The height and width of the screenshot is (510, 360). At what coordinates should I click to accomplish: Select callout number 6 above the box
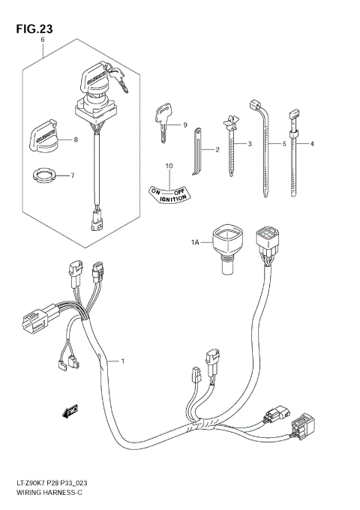[43, 40]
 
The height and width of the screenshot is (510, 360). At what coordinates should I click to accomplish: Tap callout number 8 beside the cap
[75, 139]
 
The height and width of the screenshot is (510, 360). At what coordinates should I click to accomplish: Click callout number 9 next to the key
[184, 124]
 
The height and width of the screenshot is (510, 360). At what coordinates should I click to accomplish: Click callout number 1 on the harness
[123, 362]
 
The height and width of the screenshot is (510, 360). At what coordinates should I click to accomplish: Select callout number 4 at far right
[312, 142]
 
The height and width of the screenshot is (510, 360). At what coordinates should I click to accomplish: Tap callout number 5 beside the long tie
[286, 142]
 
